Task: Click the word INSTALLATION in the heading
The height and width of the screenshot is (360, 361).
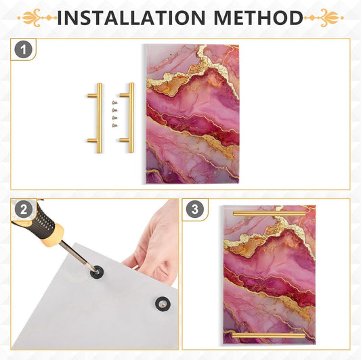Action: coord(131,18)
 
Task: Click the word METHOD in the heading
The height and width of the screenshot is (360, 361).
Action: coord(258,18)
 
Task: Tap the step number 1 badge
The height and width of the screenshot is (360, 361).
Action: coord(24,49)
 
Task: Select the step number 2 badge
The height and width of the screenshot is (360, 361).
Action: coord(24,210)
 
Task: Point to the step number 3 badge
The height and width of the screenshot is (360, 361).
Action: coord(195,209)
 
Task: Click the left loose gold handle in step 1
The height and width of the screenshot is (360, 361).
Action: coord(99,118)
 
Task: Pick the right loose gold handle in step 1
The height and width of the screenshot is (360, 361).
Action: coord(131,118)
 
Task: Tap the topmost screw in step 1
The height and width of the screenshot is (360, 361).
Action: coord(114,103)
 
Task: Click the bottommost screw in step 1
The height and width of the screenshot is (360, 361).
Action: coord(114,125)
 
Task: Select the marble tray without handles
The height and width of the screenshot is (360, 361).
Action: coord(192,114)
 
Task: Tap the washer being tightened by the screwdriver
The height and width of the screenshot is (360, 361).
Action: coord(97,272)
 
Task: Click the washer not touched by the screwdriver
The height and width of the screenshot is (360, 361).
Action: coord(163,304)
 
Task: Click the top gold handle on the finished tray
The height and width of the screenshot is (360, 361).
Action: coord(269,214)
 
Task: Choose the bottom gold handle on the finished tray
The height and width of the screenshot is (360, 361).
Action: coord(269,336)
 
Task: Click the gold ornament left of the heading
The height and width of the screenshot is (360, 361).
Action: coord(37,18)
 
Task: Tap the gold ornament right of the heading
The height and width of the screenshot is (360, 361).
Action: coord(324,18)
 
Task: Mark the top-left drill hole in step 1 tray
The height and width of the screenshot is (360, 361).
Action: coord(171,55)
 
